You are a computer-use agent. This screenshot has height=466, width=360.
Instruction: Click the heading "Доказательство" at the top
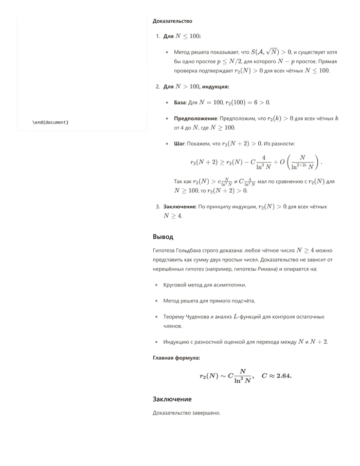[x=172, y=21]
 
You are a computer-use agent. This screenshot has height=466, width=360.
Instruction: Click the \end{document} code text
[x=50, y=122]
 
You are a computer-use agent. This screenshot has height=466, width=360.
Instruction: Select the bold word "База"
[x=179, y=102]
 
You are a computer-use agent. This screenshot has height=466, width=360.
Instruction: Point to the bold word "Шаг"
[x=178, y=144]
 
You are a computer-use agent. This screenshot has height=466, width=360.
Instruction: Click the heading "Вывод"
[x=163, y=237]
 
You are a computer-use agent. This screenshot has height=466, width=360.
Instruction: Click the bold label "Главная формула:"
[x=176, y=357]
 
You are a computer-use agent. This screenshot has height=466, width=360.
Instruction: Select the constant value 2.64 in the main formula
[x=283, y=376]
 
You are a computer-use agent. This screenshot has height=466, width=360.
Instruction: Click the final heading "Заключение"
[x=172, y=399]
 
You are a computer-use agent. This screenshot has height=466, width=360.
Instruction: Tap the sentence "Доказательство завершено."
[x=186, y=413]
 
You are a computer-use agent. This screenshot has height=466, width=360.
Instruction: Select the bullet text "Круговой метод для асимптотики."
[x=205, y=284]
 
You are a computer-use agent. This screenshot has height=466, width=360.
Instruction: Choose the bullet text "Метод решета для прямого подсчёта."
[x=209, y=301]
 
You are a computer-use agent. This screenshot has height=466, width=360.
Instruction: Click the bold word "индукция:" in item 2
[x=215, y=86]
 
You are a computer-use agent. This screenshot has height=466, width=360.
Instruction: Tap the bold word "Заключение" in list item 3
[x=179, y=206]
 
